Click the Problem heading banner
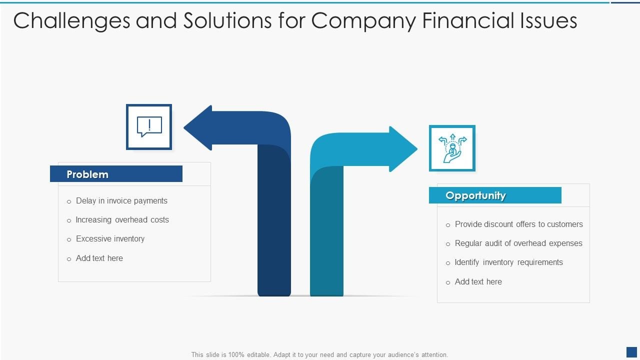pos(116,174)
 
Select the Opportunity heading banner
pos(495,195)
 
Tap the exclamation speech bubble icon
pos(149,127)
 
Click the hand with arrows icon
pos(452,148)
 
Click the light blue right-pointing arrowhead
pos(402,149)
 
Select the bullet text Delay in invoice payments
pos(121,201)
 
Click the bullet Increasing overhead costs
pos(122,220)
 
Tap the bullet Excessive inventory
pos(110,239)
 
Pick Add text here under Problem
pos(99,258)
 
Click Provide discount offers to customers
pos(518,224)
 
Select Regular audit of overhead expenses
pos(518,243)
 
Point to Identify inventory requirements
pos(508,262)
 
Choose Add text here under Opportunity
pos(478,282)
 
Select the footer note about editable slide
pos(319,354)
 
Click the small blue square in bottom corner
pos(631,352)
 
